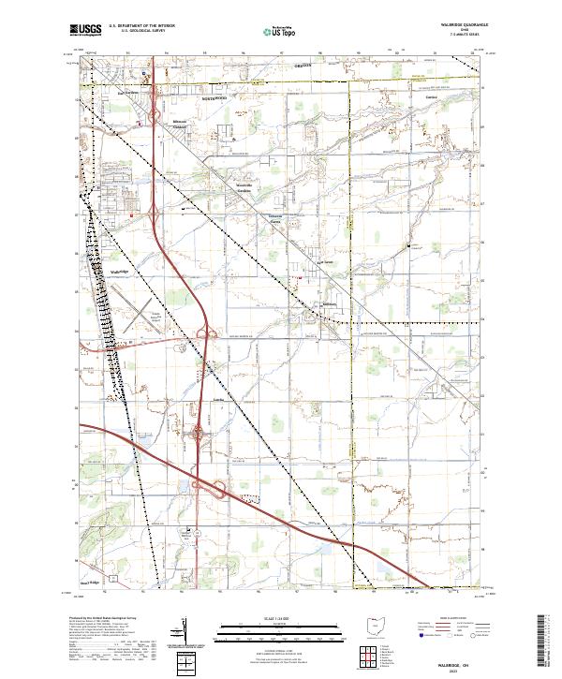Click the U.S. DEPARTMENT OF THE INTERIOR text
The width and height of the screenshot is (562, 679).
(141, 26)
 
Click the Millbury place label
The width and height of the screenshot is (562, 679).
(328, 303)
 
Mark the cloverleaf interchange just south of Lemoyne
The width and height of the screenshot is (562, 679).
(199, 433)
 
